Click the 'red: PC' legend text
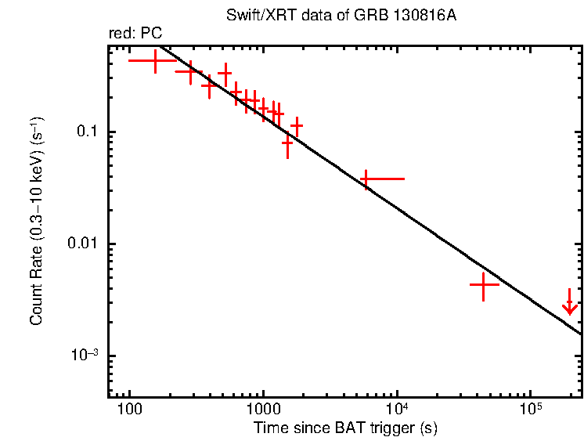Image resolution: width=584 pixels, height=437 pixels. coord(135,34)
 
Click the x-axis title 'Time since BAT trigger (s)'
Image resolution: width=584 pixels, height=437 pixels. coord(345,428)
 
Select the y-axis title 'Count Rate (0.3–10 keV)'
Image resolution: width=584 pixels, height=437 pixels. coord(37,222)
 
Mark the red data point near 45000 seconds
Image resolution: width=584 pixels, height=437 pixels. coord(484,286)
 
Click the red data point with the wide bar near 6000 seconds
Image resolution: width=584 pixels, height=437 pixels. coord(366,179)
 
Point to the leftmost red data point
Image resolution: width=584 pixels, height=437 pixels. coord(155,60)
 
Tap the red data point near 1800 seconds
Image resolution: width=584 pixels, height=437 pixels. coord(297,125)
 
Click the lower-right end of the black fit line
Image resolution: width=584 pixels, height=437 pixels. coord(581,334)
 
